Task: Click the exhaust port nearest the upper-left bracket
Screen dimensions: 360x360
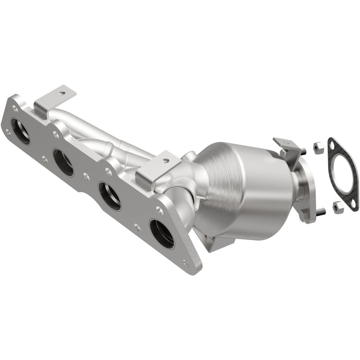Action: click(21, 132)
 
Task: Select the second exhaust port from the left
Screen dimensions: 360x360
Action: click(63, 163)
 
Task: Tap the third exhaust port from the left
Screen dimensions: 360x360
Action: click(110, 196)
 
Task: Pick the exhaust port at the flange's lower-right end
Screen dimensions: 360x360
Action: click(161, 233)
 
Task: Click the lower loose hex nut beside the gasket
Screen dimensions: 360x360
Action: click(337, 207)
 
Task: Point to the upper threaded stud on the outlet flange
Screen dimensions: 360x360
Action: click(304, 150)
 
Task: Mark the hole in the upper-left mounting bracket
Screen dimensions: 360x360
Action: click(62, 94)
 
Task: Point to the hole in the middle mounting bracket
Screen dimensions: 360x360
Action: click(165, 160)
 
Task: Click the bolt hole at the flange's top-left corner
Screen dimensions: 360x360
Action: click(15, 109)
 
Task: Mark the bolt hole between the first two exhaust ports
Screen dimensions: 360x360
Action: click(55, 135)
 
